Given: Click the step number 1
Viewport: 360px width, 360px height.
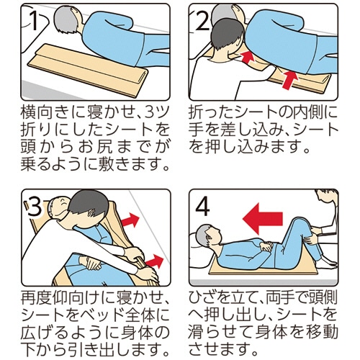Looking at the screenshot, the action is click(x=34, y=21).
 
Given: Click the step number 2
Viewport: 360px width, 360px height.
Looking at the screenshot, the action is click(x=203, y=21).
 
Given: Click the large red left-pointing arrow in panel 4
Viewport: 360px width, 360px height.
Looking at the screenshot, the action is click(x=263, y=219).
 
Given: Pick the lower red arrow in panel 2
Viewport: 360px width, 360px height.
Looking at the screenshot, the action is click(x=290, y=80).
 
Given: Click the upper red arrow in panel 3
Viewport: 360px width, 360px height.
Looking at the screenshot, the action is click(x=130, y=220).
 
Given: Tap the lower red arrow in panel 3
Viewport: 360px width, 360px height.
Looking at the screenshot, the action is click(x=155, y=261).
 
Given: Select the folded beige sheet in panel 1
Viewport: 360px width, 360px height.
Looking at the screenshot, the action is click(x=87, y=70).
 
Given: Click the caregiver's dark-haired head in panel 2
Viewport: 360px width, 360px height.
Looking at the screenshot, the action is click(x=227, y=34).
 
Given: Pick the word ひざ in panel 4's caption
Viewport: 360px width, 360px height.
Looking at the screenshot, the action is click(x=204, y=297).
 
